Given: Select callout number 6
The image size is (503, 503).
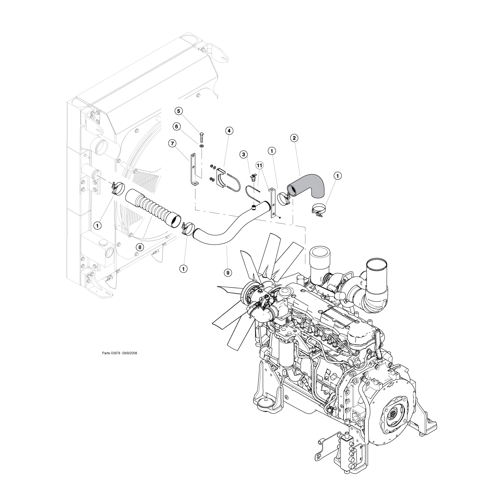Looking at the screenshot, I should (176, 126).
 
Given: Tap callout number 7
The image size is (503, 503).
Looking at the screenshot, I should (172, 144).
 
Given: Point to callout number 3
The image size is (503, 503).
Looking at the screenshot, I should (244, 154).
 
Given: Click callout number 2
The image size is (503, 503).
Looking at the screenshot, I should (294, 138).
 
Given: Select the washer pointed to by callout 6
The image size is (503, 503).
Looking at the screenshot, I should (202, 147).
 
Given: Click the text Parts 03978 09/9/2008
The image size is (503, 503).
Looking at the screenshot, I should (119, 353).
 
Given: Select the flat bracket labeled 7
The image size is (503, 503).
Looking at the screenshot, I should (192, 169).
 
